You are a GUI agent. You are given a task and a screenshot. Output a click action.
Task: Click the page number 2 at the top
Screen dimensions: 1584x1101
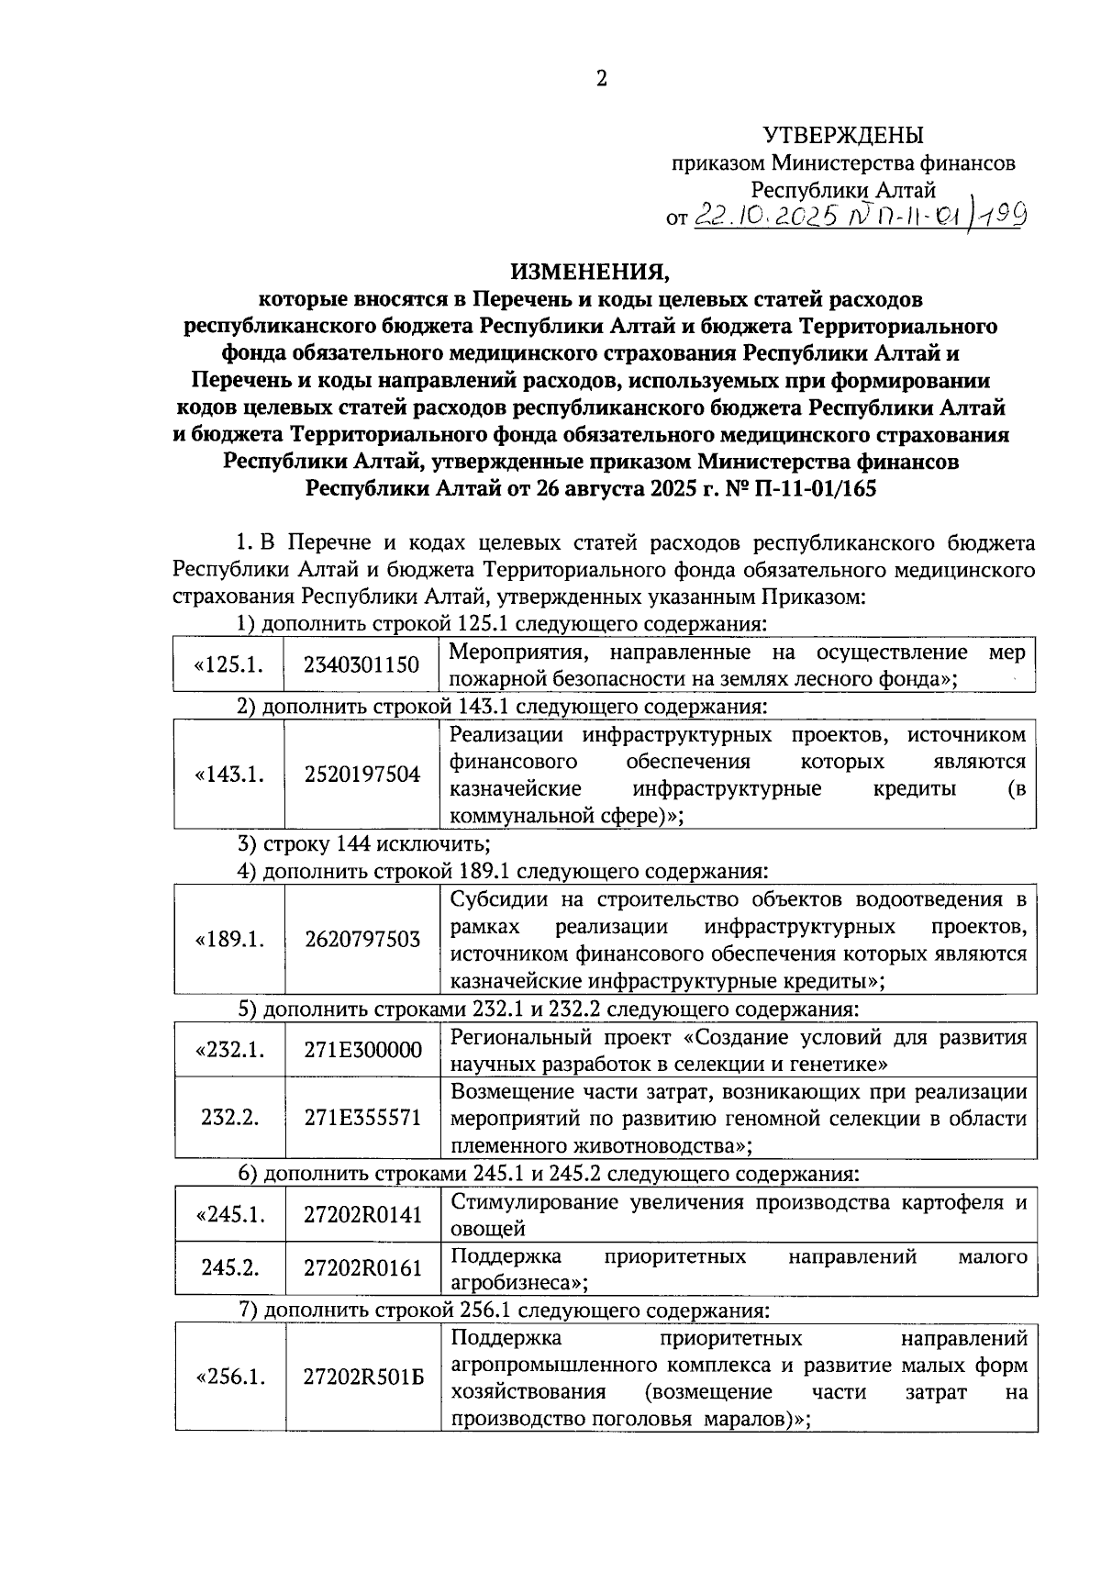point(601,80)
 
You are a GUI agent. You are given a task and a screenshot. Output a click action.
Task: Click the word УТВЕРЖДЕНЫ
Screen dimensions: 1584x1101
point(843,137)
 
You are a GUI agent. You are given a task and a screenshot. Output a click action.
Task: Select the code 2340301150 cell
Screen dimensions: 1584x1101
point(361,665)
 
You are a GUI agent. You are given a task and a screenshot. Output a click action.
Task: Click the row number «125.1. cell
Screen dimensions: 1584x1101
point(228,665)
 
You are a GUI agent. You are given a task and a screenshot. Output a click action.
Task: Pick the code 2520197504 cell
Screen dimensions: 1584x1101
point(361,775)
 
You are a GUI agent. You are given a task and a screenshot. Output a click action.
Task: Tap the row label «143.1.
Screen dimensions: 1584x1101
point(228,775)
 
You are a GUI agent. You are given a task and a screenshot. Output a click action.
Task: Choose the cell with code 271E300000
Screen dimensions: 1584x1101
point(361,1050)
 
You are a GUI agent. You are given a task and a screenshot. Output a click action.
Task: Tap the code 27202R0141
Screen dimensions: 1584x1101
point(361,1215)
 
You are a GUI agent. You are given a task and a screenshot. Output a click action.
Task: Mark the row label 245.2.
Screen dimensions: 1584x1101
point(229,1268)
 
